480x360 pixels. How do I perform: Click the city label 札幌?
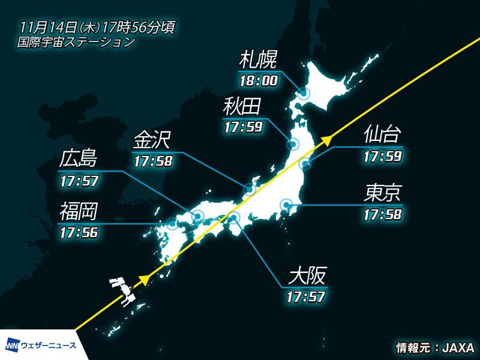[x=258, y=61]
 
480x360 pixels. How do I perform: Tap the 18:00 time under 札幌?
[x=258, y=79]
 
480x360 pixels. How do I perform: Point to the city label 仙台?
[x=382, y=136]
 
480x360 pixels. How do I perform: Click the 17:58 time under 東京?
[x=382, y=214]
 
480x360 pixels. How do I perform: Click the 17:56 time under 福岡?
[x=78, y=232]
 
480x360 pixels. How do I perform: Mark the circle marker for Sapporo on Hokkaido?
[x=304, y=93]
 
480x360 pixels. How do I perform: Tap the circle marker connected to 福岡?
[x=173, y=224]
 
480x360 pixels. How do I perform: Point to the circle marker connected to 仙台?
[x=305, y=163]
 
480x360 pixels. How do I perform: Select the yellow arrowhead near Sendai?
[x=327, y=140]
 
